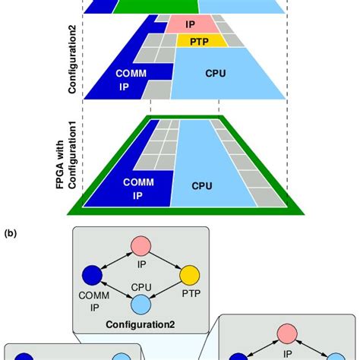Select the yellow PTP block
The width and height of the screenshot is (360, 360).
tap(198, 40)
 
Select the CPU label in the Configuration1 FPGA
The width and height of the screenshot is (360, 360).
tap(202, 185)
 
